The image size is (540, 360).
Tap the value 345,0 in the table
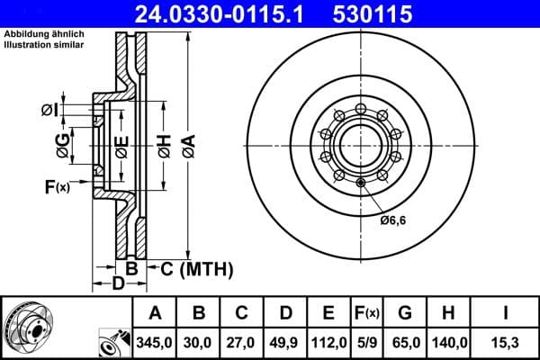[155, 342]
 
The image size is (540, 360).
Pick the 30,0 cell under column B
[199, 342]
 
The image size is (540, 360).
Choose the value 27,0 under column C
[242, 342]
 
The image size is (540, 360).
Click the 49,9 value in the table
[285, 342]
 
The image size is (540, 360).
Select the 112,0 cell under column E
[328, 342]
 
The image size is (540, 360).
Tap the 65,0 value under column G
[406, 342]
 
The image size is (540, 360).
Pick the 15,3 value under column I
[505, 342]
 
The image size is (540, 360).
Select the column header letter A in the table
[155, 313]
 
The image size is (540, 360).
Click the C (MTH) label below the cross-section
[196, 269]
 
